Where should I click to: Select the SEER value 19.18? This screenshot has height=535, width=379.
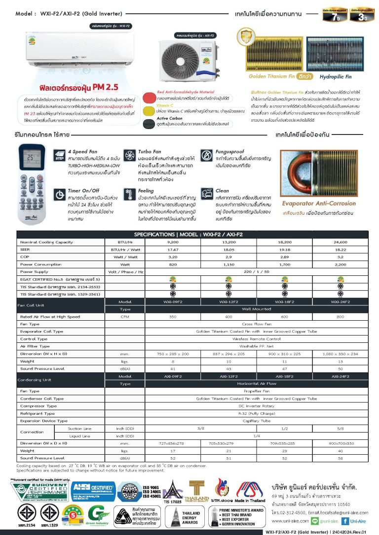tap(285, 250)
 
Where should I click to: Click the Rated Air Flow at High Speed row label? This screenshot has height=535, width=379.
tap(49, 317)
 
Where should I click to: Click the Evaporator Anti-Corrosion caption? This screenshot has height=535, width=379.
tap(318, 203)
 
